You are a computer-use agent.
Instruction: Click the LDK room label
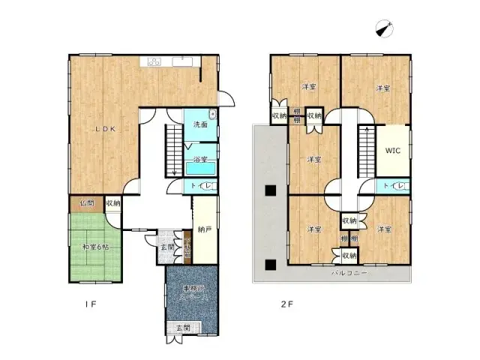[x=104, y=129]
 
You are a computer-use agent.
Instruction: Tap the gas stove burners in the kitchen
[x=154, y=61]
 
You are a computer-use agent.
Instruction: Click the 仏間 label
[x=87, y=202]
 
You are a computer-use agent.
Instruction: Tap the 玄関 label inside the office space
[x=182, y=328]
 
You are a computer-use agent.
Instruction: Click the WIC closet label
[x=393, y=150]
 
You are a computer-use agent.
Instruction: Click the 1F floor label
[x=89, y=304]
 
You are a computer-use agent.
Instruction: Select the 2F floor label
[x=285, y=304]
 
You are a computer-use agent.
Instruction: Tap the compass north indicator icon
[x=387, y=28]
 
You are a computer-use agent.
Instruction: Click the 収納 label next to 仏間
[x=112, y=202]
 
